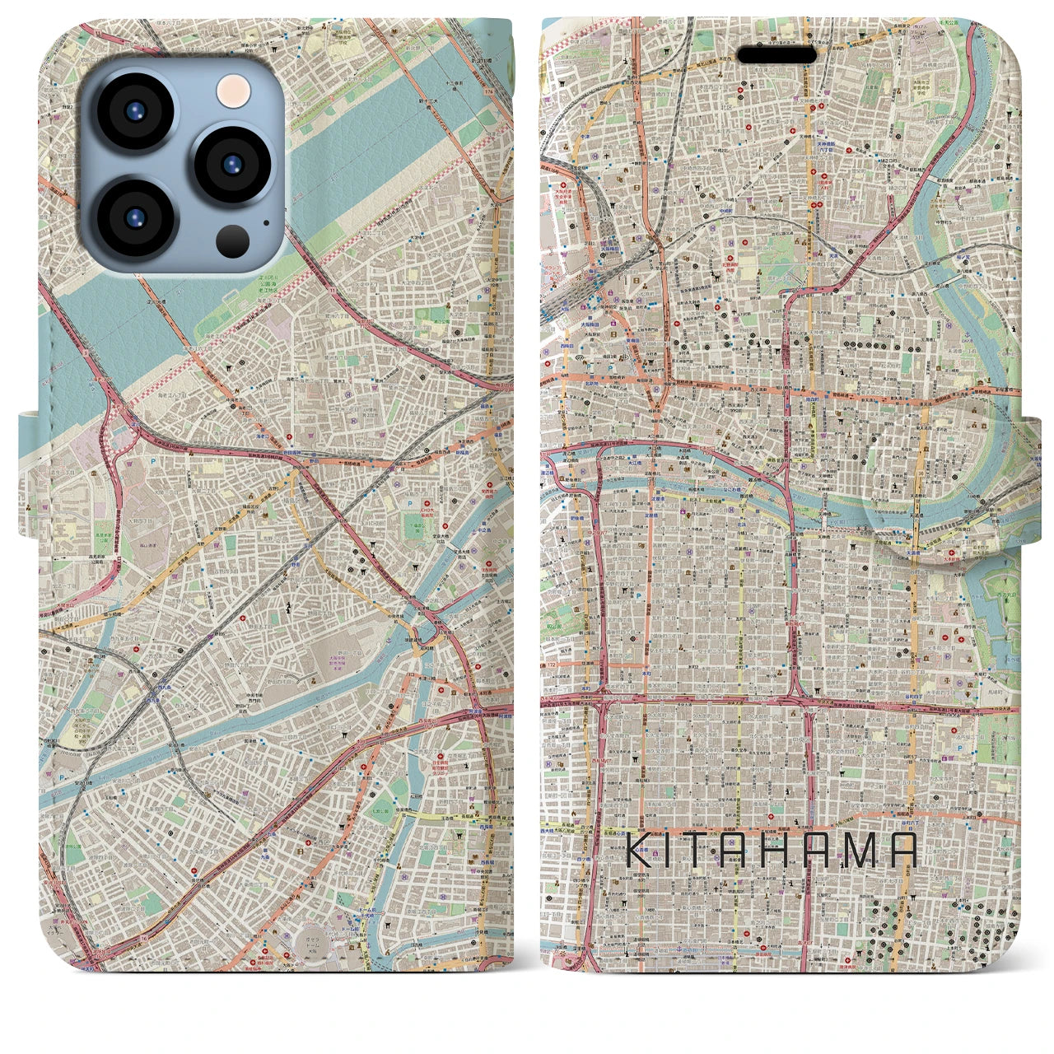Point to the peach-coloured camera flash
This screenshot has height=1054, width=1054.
[234, 88]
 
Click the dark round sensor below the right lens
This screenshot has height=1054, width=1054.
[233, 240]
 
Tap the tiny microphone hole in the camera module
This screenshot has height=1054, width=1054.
[265, 222]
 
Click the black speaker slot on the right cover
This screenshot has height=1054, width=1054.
[777, 54]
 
